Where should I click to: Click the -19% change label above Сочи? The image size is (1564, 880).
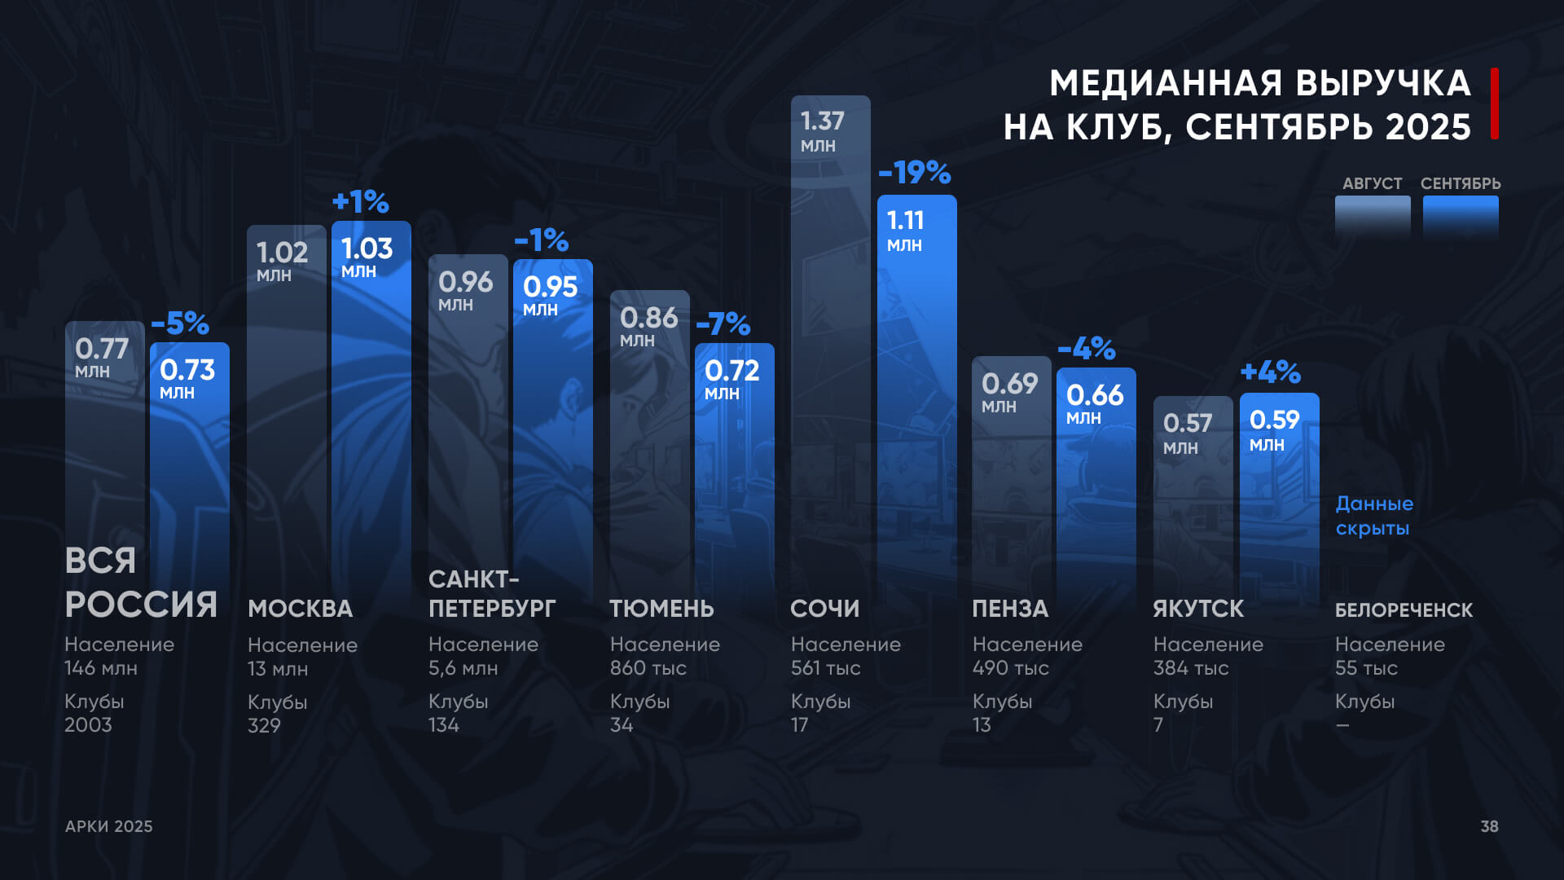915,173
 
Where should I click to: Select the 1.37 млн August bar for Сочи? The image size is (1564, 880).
830,342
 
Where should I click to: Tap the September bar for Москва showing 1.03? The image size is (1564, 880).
371,407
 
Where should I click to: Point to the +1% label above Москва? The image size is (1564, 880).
361,201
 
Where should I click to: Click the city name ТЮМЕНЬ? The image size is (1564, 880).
661,609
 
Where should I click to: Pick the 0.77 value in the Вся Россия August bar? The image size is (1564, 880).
102,349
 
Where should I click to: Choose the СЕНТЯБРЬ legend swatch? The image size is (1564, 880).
1460,216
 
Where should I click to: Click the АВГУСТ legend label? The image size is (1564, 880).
1372,183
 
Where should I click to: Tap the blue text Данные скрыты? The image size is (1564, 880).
1374,516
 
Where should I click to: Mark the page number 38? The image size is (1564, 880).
1489,826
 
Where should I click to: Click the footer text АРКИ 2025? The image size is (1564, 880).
109,826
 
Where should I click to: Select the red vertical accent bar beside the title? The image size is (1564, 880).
1495,103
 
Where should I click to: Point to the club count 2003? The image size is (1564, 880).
88,725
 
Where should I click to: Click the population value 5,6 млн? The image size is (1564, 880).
463,668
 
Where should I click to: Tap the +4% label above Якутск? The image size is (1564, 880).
1270,372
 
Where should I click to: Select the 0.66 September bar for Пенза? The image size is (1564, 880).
1096,489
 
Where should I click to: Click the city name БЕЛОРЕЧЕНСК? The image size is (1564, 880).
1404,610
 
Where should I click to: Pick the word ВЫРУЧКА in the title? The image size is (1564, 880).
1382,83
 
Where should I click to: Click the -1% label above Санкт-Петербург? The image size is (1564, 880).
542,240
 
